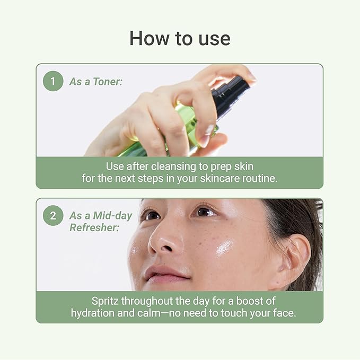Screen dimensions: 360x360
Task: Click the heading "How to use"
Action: coord(180,39)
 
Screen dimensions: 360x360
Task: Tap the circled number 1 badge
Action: coord(53,81)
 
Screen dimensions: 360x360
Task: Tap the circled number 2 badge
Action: coord(53,216)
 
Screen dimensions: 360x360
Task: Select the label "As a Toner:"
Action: coord(95,82)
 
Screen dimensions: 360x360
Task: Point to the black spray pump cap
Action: coord(234,92)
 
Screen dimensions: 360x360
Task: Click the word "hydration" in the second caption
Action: coord(94,313)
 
